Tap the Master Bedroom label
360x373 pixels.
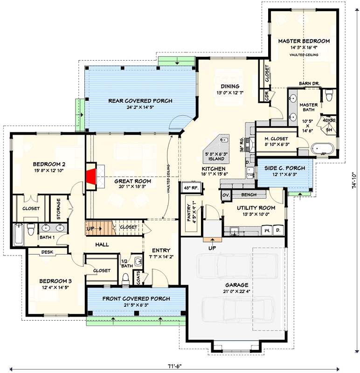pyautogui.click(x=304, y=41)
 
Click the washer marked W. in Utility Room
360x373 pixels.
pyautogui.click(x=267, y=230)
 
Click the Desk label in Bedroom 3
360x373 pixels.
pyautogui.click(x=47, y=252)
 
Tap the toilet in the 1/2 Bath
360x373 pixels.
pyautogui.click(x=125, y=279)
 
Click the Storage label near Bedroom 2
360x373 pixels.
pyautogui.click(x=59, y=208)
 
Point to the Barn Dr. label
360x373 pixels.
pyautogui.click(x=308, y=84)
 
